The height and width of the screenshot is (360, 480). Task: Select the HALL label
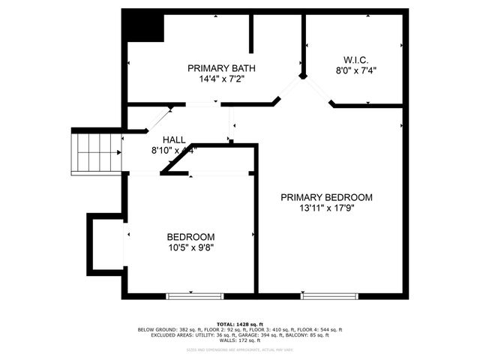click(174, 139)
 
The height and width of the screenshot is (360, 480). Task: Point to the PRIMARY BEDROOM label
click(326, 197)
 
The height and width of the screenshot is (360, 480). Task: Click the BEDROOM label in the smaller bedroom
click(190, 236)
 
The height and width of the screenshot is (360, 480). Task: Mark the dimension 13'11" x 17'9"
click(326, 208)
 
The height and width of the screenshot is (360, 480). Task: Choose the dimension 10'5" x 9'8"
click(190, 247)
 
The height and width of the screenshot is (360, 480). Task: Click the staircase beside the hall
click(96, 152)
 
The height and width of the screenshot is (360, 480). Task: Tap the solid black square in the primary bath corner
click(144, 26)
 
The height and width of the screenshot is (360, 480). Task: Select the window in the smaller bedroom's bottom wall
click(184, 296)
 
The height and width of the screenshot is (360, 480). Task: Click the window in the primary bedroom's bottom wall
click(329, 296)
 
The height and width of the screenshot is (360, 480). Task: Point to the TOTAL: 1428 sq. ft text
click(240, 323)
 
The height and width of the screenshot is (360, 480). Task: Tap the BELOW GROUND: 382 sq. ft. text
click(167, 330)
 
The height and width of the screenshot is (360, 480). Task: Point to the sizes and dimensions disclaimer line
click(240, 349)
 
